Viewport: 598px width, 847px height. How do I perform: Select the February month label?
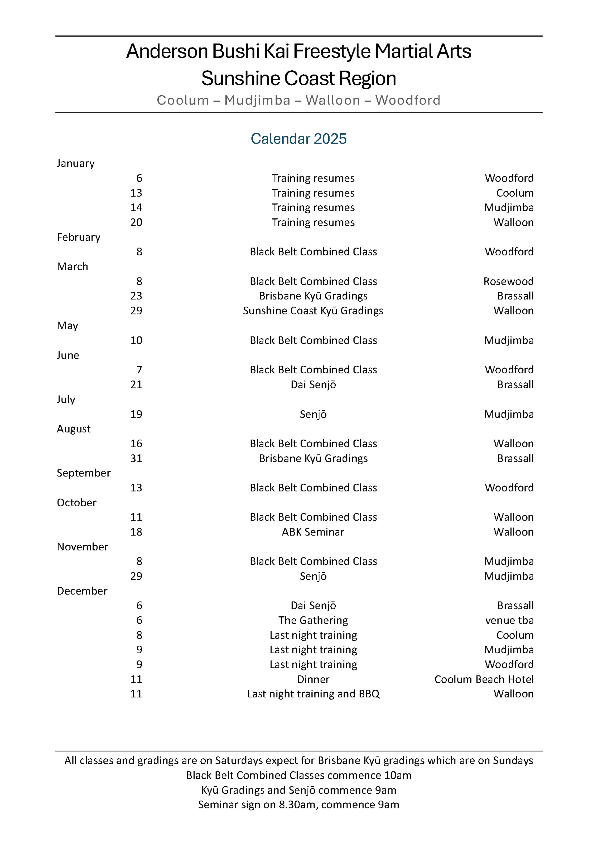click(79, 237)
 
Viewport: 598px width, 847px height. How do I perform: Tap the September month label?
click(83, 473)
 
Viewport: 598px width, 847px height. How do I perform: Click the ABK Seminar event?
click(313, 532)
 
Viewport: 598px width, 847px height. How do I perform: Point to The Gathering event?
click(313, 620)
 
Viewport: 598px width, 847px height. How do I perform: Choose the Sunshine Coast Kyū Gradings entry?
click(313, 311)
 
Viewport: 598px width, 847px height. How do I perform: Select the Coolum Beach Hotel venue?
click(484, 679)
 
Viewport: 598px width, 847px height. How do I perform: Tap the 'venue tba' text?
click(509, 620)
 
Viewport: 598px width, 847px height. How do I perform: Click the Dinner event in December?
click(313, 679)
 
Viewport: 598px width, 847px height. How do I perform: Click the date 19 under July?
click(136, 414)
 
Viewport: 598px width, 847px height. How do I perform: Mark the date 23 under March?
click(136, 296)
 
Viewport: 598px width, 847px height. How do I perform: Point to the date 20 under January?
click(136, 222)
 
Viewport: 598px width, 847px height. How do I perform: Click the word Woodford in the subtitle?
click(408, 100)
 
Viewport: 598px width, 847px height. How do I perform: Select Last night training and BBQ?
click(313, 694)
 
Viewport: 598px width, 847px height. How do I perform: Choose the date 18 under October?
click(136, 532)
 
